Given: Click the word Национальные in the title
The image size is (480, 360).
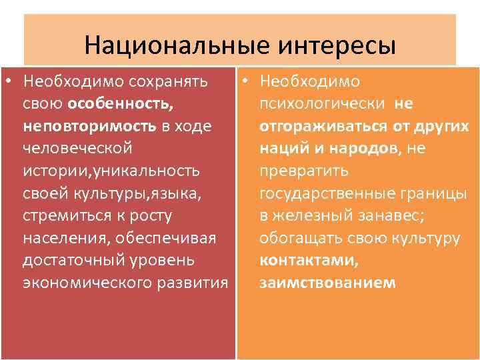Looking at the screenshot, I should coord(172,46).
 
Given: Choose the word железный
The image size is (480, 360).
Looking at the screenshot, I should coord(309,215).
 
